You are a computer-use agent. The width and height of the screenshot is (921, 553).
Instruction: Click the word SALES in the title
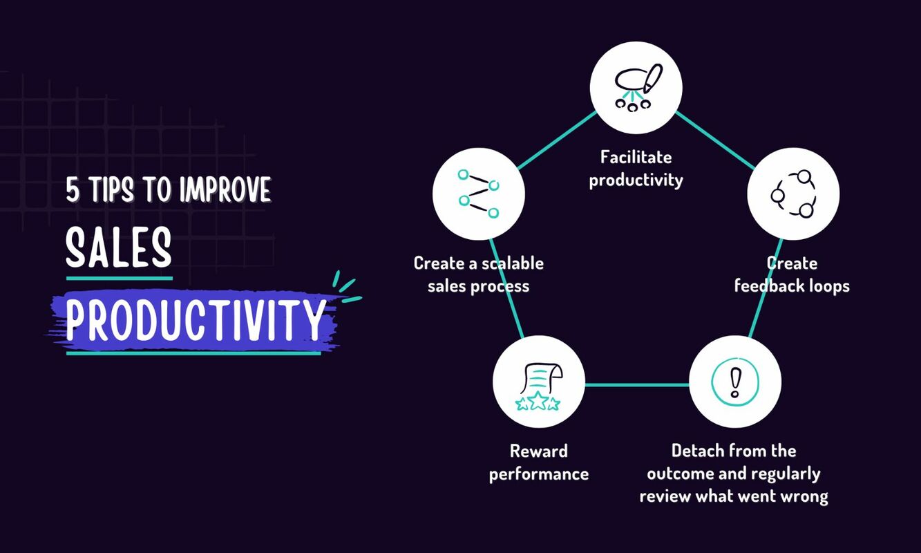click(x=119, y=249)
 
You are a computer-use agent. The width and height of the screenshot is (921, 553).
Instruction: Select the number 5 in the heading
click(x=73, y=190)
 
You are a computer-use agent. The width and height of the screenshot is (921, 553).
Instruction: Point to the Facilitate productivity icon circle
click(x=636, y=87)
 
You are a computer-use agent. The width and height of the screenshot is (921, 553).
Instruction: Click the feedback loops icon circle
click(x=793, y=194)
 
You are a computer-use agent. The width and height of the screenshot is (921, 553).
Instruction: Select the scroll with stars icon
click(x=539, y=385)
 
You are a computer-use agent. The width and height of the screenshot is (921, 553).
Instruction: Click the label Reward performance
click(x=539, y=462)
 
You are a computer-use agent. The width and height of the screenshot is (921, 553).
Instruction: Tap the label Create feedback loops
click(x=792, y=274)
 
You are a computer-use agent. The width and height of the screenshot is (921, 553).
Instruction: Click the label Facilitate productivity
click(x=636, y=169)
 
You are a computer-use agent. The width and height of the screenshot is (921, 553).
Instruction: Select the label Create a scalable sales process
click(x=478, y=274)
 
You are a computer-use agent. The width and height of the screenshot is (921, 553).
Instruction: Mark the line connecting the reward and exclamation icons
click(x=637, y=384)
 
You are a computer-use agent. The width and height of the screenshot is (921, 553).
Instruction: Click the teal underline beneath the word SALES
click(x=119, y=278)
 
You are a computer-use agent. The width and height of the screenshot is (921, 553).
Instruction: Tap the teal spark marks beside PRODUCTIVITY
click(x=345, y=288)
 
